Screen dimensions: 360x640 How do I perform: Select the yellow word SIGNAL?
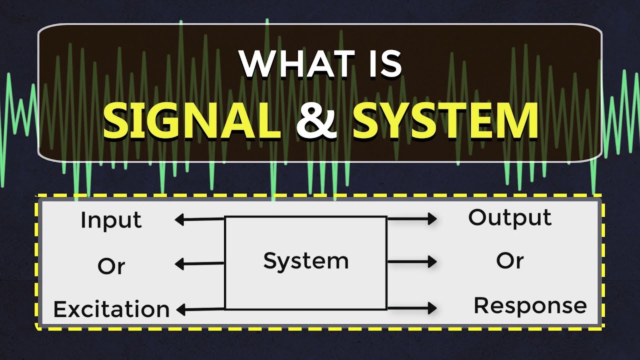tap(192, 121)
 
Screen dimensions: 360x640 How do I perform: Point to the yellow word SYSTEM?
tap(445, 121)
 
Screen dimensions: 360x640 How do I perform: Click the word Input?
tap(111, 220)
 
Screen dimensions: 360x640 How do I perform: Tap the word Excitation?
tap(111, 309)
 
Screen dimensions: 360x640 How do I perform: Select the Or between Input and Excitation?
tap(111, 266)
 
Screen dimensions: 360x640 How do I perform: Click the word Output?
tap(509, 217)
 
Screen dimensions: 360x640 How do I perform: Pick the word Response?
tap(530, 305)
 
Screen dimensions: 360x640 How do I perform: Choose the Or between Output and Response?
tap(509, 260)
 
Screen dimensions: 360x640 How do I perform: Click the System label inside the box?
tap(305, 261)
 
